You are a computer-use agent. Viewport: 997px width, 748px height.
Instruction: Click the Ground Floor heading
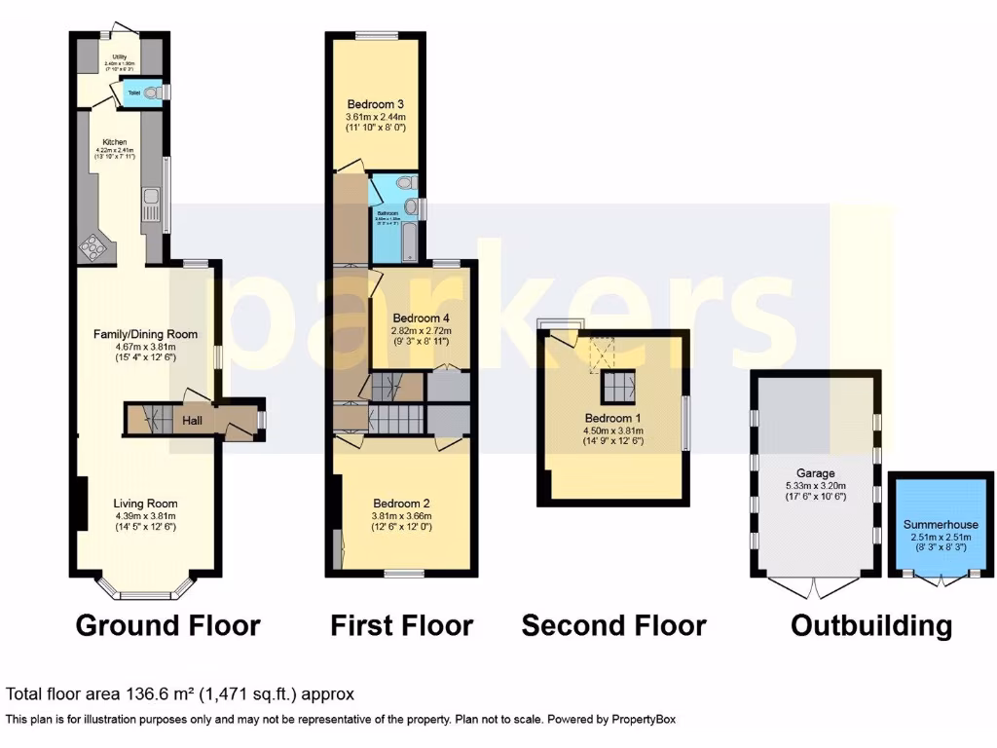pyautogui.click(x=167, y=625)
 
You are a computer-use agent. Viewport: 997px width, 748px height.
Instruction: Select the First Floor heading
pyautogui.click(x=401, y=625)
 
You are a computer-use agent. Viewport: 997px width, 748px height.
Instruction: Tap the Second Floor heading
pyautogui.click(x=613, y=625)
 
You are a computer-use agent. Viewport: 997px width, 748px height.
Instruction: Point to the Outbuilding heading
pyautogui.click(x=870, y=625)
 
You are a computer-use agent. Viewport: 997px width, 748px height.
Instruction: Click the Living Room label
pyautogui.click(x=145, y=504)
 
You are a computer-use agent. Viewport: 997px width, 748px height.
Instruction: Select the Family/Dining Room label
pyautogui.click(x=145, y=334)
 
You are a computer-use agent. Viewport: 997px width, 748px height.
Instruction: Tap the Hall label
pyautogui.click(x=193, y=421)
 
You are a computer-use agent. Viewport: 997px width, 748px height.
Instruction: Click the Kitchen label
pyautogui.click(x=115, y=142)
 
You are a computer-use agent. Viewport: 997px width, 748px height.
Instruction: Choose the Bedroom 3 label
pyautogui.click(x=375, y=104)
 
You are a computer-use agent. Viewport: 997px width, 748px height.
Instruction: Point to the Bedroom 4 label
pyautogui.click(x=423, y=318)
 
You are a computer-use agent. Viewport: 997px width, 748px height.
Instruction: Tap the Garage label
pyautogui.click(x=818, y=474)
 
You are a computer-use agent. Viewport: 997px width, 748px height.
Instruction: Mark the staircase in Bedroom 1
pyautogui.click(x=615, y=387)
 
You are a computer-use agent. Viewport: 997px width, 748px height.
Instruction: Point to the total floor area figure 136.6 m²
pyautogui.click(x=160, y=694)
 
